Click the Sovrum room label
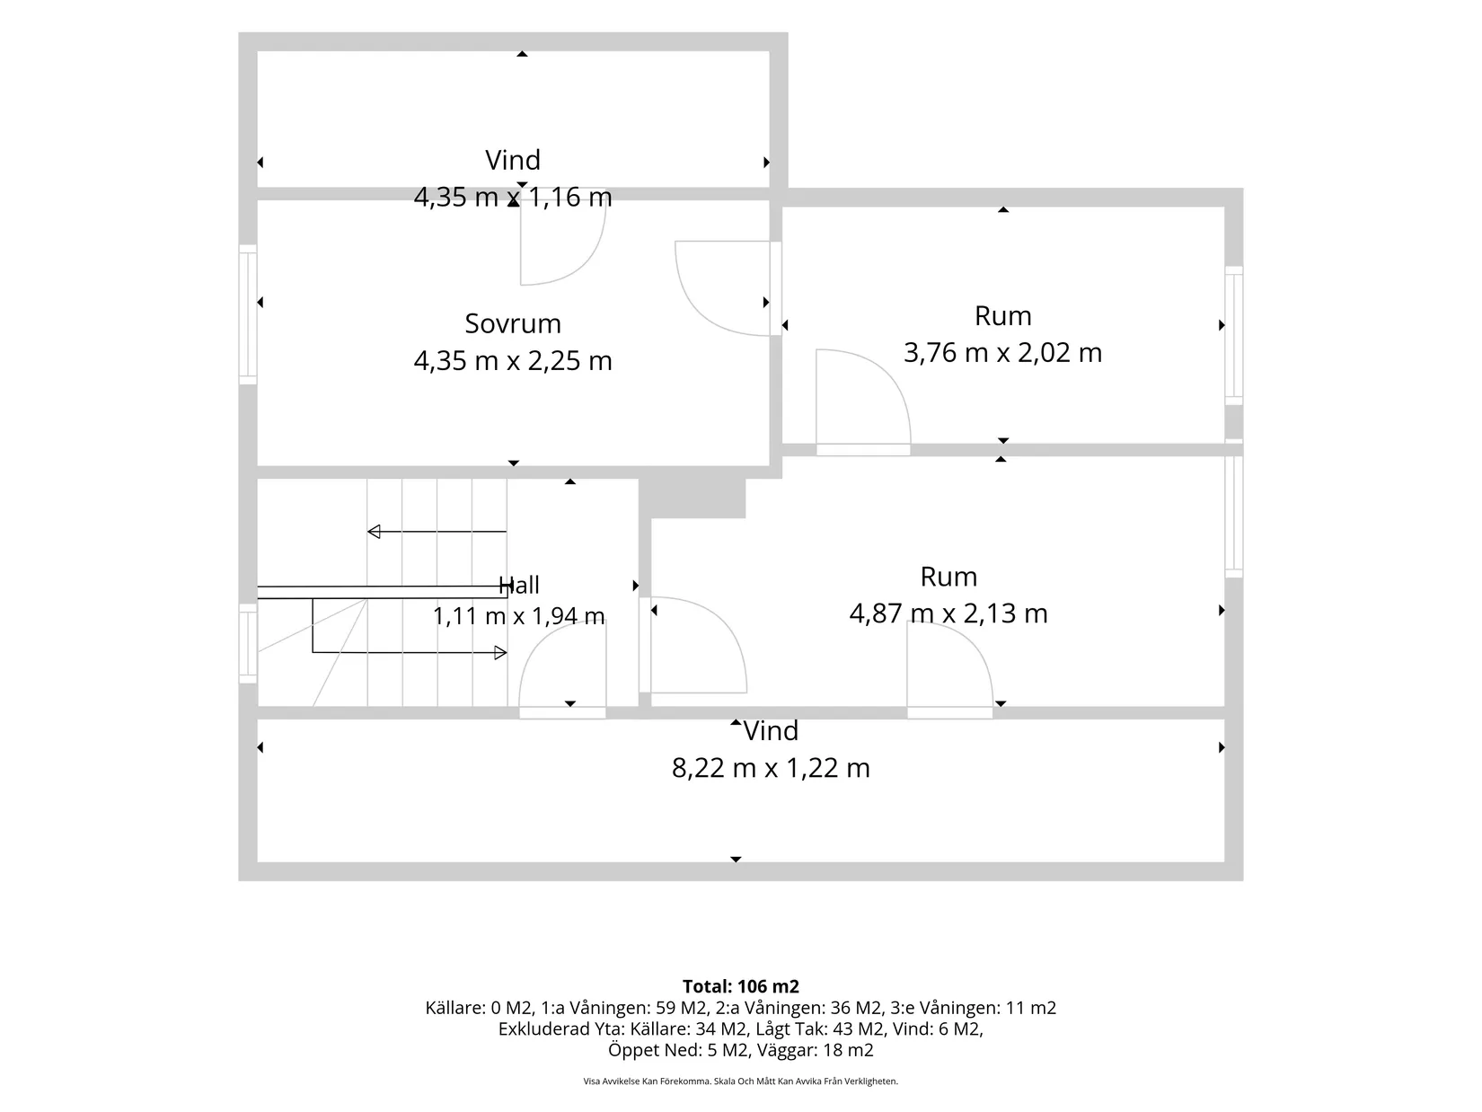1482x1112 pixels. (x=513, y=324)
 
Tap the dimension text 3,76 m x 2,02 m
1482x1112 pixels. (x=1002, y=353)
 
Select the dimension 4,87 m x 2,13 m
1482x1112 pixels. (x=948, y=613)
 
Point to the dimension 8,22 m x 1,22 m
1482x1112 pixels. (x=771, y=768)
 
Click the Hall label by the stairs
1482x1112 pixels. (x=518, y=586)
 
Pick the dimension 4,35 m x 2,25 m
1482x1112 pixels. (x=513, y=361)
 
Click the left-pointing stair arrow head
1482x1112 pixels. (x=374, y=532)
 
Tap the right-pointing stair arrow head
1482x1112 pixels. (x=500, y=653)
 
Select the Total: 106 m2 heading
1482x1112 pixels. (x=741, y=986)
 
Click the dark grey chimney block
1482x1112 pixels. (x=692, y=499)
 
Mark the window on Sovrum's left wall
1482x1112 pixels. (x=248, y=314)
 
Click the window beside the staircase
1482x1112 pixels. (x=248, y=643)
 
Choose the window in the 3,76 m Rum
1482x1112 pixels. (x=1233, y=336)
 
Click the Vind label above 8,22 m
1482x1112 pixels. (x=771, y=731)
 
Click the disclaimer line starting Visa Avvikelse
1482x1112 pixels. (x=741, y=1081)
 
